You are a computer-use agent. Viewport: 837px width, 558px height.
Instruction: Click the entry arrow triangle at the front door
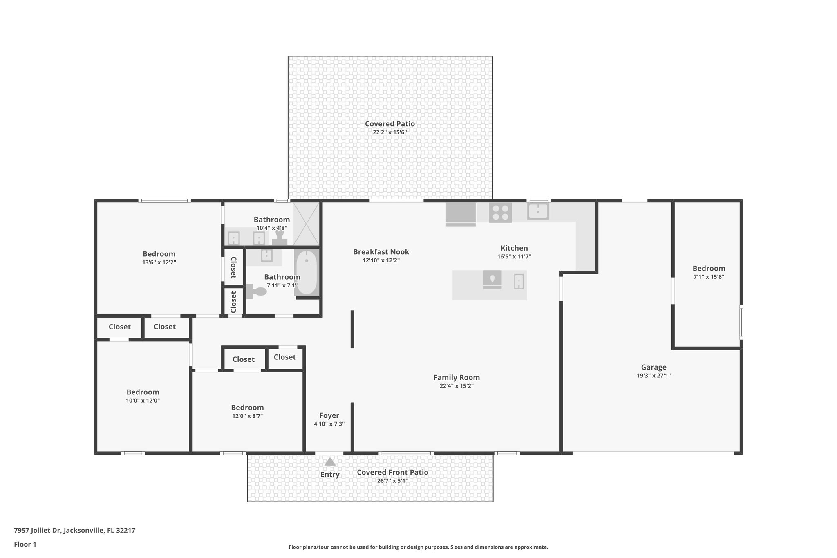click(330, 462)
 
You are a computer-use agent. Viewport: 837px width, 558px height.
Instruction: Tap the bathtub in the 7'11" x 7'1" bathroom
click(306, 273)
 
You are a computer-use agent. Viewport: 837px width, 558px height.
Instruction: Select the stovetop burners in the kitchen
click(500, 213)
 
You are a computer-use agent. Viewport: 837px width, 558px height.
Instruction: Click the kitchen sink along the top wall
click(538, 211)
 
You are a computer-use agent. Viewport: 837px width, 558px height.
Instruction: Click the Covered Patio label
click(389, 124)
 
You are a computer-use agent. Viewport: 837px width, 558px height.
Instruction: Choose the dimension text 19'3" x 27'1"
click(653, 376)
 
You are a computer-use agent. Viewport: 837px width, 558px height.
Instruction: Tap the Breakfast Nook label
click(381, 252)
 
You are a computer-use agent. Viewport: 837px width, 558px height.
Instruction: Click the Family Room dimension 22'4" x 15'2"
click(457, 386)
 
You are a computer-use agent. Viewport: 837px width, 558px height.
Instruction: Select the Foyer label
click(329, 415)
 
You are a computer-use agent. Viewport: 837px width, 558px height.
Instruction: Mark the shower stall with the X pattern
click(306, 224)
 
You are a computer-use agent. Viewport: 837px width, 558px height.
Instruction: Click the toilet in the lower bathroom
click(257, 291)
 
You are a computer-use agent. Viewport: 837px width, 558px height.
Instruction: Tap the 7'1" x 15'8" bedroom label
click(709, 269)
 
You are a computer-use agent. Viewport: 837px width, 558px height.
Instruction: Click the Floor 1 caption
click(25, 544)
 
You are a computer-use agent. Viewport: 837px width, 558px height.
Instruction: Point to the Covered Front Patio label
click(392, 472)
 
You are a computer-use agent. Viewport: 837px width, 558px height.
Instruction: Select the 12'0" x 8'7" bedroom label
click(247, 408)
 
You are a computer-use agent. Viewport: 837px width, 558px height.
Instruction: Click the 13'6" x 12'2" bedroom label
click(159, 254)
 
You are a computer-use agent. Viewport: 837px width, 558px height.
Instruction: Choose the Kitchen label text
click(514, 248)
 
